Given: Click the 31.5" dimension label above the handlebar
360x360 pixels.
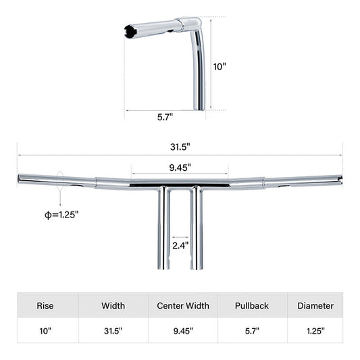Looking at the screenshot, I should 180,146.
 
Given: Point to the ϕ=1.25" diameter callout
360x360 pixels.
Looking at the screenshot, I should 58,214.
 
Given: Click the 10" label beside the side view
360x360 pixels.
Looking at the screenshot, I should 220,66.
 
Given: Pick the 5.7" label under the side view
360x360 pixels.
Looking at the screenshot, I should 164,116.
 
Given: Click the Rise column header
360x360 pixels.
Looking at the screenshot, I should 45,305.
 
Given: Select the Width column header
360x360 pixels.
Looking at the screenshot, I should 113,305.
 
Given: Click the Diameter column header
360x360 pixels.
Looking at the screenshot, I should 315,305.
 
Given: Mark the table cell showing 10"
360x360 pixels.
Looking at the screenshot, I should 45,331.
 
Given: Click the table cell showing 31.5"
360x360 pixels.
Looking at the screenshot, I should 113,331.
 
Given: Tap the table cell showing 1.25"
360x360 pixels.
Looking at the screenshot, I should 315,331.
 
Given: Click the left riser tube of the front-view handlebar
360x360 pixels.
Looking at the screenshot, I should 164,230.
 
